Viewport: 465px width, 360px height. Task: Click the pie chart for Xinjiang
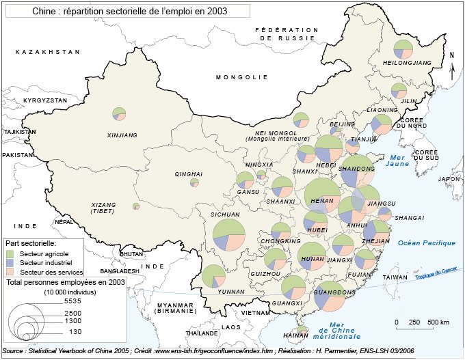click(120, 113)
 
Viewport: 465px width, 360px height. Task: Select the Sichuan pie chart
click(228, 234)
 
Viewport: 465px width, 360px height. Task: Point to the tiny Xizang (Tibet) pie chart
click(136, 206)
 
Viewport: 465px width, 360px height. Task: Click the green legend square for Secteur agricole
click(12, 253)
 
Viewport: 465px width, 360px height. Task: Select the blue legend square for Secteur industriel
click(12, 263)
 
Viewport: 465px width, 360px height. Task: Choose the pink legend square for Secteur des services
click(12, 272)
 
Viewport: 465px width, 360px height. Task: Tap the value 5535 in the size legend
click(72, 301)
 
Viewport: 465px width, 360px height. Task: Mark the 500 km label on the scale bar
click(438, 322)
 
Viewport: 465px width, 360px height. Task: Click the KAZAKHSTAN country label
click(48, 52)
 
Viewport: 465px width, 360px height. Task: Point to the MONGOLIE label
click(239, 77)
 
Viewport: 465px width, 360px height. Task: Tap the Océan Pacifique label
click(427, 243)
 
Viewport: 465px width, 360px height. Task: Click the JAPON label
click(449, 178)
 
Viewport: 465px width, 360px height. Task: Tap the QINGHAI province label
click(189, 174)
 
